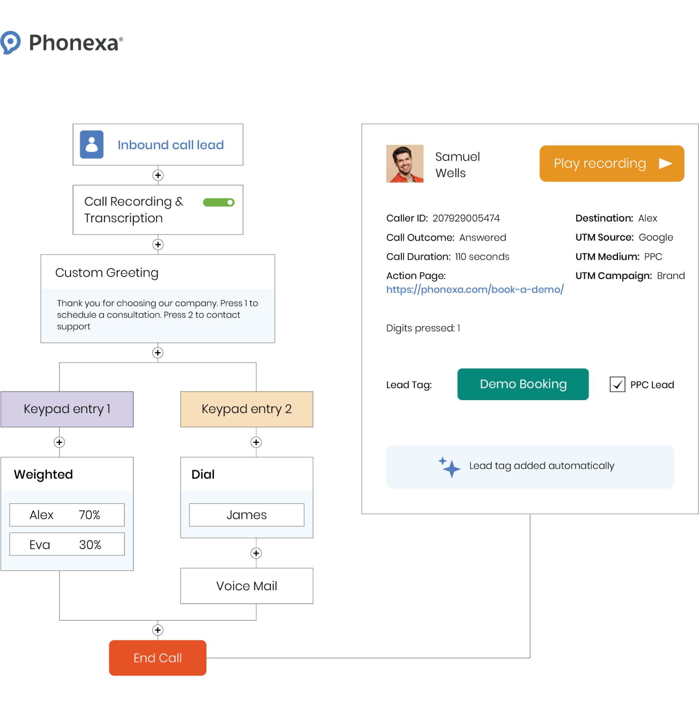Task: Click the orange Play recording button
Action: (x=612, y=164)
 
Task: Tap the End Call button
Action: (x=158, y=658)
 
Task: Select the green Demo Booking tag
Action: (x=523, y=384)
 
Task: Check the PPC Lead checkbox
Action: (x=617, y=385)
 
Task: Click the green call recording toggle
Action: (x=219, y=202)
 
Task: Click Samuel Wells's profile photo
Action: (x=404, y=164)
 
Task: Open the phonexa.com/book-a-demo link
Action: (x=475, y=289)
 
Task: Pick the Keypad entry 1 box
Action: (x=67, y=409)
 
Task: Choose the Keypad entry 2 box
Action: (x=246, y=409)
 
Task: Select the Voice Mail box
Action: (x=246, y=586)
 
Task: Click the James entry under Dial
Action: (x=246, y=515)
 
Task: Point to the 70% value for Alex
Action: (x=90, y=515)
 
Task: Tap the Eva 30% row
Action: (x=67, y=544)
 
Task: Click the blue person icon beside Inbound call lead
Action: (x=92, y=144)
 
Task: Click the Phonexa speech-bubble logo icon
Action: (x=10, y=43)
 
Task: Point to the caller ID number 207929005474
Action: (x=466, y=218)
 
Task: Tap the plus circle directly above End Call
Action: (x=158, y=630)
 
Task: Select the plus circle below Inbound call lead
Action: (x=158, y=175)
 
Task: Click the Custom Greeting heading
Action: (x=107, y=273)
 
